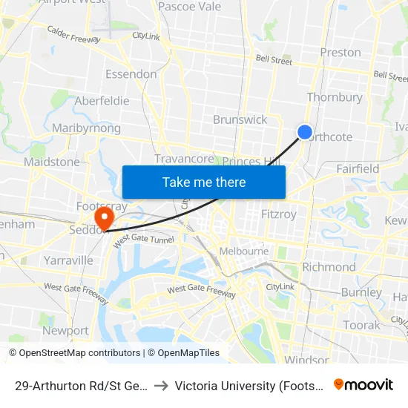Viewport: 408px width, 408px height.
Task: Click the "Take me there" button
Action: coord(204,182)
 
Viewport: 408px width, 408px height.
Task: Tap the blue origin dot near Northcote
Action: coord(305,132)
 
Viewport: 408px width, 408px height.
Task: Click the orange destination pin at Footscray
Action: coord(103,217)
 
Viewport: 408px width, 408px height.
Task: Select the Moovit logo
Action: coord(363,384)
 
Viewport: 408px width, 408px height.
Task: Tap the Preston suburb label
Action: coord(340,52)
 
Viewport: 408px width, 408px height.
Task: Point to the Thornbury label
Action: coord(335,97)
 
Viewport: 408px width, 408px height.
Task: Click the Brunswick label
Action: coord(240,119)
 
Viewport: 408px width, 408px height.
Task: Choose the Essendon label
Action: coord(131,74)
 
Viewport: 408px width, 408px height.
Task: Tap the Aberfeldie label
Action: coord(102,101)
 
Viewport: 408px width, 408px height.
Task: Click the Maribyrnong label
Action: coord(86,128)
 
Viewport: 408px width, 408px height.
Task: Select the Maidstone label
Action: coord(52,162)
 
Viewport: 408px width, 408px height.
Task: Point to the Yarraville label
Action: coord(68,260)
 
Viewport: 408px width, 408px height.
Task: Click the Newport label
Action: coord(65,330)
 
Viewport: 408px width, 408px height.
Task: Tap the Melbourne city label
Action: coord(244,251)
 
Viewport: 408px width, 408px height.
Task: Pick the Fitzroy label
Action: coord(279,214)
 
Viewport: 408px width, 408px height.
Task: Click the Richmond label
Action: coord(329,267)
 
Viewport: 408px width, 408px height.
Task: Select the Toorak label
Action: coord(361,325)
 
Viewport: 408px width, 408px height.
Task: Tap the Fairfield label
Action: coord(358,169)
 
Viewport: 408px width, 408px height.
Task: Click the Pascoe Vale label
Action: coord(190,7)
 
